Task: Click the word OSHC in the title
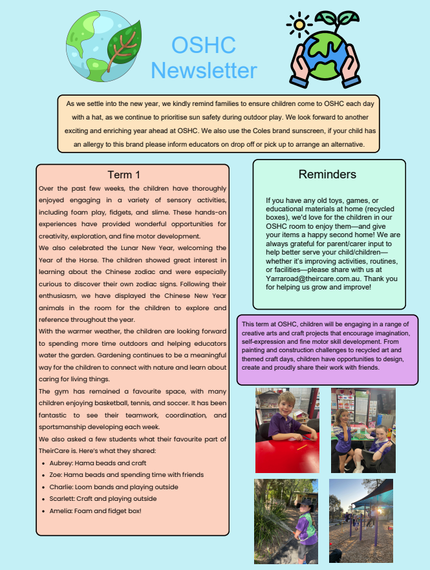pyautogui.click(x=204, y=45)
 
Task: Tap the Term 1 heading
pyautogui.click(x=124, y=174)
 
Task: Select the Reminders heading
pyautogui.click(x=327, y=174)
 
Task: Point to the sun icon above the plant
pyautogui.click(x=299, y=25)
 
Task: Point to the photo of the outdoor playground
pyautogui.click(x=361, y=520)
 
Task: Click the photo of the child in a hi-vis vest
pyautogui.click(x=286, y=520)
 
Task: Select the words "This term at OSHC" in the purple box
pyautogui.click(x=266, y=324)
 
